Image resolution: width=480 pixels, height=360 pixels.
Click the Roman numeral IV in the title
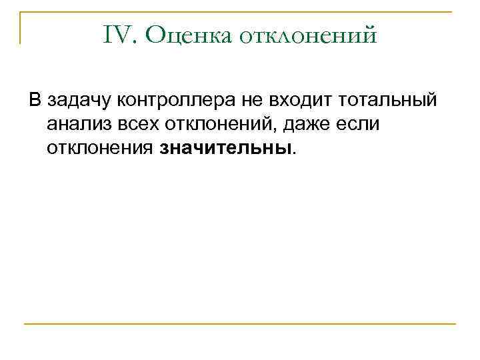pyautogui.click(x=120, y=35)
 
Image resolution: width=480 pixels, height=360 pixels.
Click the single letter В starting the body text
pyautogui.click(x=34, y=101)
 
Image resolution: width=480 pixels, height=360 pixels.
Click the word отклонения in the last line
pyautogui.click(x=101, y=147)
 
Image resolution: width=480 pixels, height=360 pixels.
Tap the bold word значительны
pyautogui.click(x=225, y=147)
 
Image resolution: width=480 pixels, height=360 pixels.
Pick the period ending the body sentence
pyautogui.click(x=294, y=152)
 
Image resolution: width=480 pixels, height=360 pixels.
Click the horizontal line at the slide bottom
pyautogui.click(x=240, y=324)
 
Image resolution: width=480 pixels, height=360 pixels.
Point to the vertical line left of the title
pyautogui.click(x=20, y=27)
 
